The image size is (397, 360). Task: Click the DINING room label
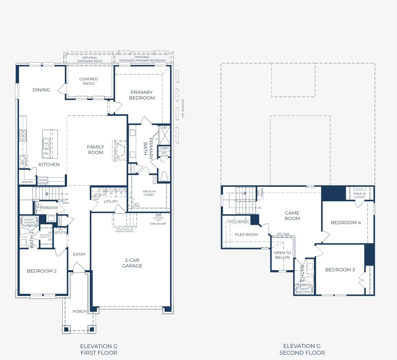(x=41, y=90)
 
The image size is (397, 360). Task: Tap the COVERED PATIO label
(x=88, y=81)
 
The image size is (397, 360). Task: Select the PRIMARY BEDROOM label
(x=142, y=95)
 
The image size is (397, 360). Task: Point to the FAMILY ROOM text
(x=96, y=149)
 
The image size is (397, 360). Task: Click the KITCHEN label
(x=49, y=165)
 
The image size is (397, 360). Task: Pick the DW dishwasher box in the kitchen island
(x=46, y=153)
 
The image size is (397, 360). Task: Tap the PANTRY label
(x=27, y=182)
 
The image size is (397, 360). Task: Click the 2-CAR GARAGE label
(x=132, y=263)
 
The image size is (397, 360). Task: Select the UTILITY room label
(x=111, y=202)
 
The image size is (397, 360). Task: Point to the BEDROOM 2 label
(x=42, y=271)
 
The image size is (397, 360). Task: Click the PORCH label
(x=79, y=311)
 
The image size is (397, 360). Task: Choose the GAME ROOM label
(x=292, y=216)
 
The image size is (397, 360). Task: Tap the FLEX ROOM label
(x=246, y=235)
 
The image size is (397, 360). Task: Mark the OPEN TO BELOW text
(x=282, y=255)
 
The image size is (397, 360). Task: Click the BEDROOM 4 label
(x=346, y=223)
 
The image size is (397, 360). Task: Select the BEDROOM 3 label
(x=340, y=270)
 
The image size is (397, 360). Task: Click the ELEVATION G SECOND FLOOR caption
(x=302, y=349)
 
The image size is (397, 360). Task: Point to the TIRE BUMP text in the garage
(x=158, y=224)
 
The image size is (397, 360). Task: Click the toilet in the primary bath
(x=164, y=176)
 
